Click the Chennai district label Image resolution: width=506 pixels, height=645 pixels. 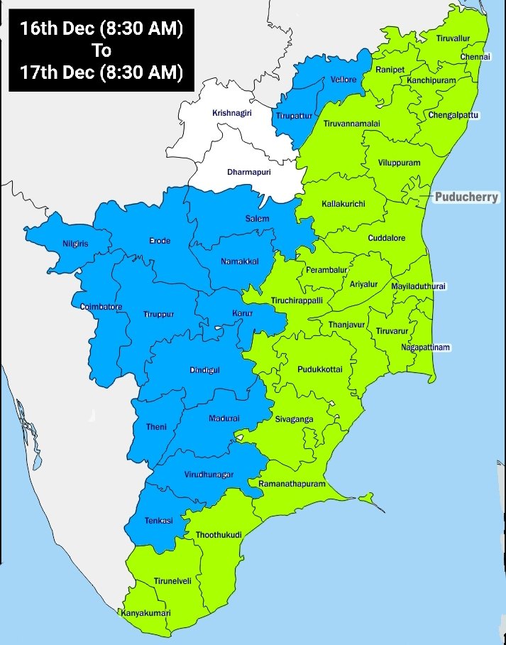(x=475, y=56)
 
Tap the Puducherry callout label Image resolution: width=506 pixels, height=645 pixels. (x=467, y=197)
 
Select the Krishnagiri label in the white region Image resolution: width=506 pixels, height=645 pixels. (x=232, y=113)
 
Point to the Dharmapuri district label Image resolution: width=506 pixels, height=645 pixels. (x=248, y=172)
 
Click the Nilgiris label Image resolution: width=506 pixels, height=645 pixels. (x=75, y=244)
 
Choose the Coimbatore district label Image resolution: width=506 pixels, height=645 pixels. (x=101, y=307)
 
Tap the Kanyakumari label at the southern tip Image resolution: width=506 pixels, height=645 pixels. (x=145, y=613)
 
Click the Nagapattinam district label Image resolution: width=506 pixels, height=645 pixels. (x=426, y=347)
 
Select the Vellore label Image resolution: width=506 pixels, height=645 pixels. (x=343, y=80)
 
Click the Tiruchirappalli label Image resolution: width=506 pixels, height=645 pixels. (x=297, y=300)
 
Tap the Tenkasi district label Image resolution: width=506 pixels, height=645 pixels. (x=159, y=521)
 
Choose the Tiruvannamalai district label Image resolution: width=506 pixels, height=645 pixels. (x=351, y=124)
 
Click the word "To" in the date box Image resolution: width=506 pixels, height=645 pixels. (x=101, y=50)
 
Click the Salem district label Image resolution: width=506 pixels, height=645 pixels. (x=257, y=218)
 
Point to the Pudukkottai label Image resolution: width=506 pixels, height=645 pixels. (x=319, y=369)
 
